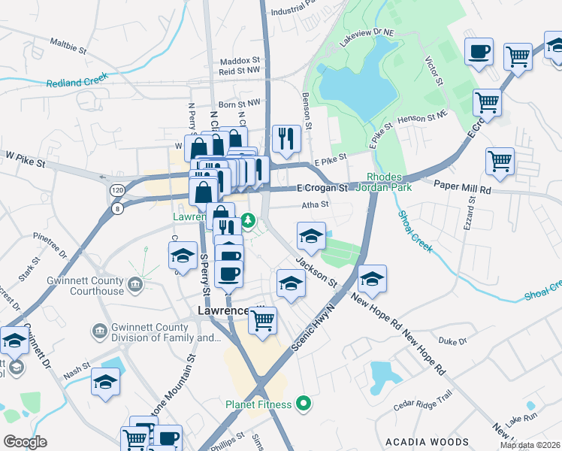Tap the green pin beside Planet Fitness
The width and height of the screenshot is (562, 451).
click(x=304, y=404)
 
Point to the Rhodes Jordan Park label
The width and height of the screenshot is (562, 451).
click(x=389, y=182)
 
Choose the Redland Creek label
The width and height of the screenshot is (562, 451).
click(x=77, y=80)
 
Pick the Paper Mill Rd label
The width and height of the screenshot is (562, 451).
click(x=461, y=191)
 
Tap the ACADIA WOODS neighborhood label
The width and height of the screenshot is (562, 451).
click(x=427, y=442)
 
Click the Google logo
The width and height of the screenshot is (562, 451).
click(x=25, y=442)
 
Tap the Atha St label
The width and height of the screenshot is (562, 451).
click(x=315, y=204)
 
